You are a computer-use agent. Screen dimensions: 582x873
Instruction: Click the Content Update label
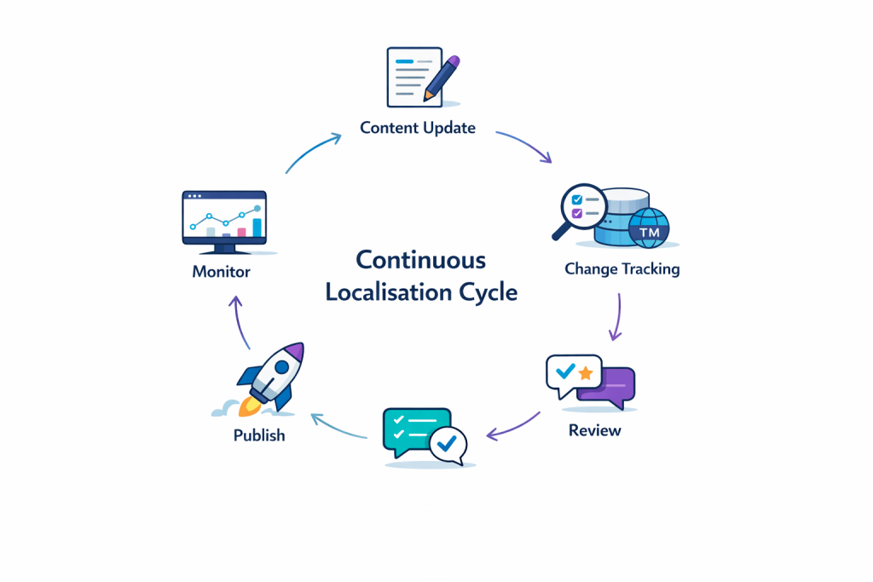pos(418,128)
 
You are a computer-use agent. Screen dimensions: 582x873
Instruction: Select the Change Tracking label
pos(622,269)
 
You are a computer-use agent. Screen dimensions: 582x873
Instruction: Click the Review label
pos(594,430)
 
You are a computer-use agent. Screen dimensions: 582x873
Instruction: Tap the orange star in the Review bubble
pos(586,373)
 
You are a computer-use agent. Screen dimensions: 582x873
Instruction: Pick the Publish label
pos(259,435)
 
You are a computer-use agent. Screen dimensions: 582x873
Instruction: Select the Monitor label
pos(221,273)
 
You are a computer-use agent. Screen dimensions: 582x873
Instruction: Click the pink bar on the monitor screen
pos(241,231)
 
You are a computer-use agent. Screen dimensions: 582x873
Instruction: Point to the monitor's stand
pos(224,249)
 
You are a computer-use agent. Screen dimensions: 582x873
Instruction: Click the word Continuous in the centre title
pos(420,260)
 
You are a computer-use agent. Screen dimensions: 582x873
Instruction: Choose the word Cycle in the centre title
pos(487,292)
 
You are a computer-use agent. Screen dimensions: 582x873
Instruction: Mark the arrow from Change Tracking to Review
pos(616,316)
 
